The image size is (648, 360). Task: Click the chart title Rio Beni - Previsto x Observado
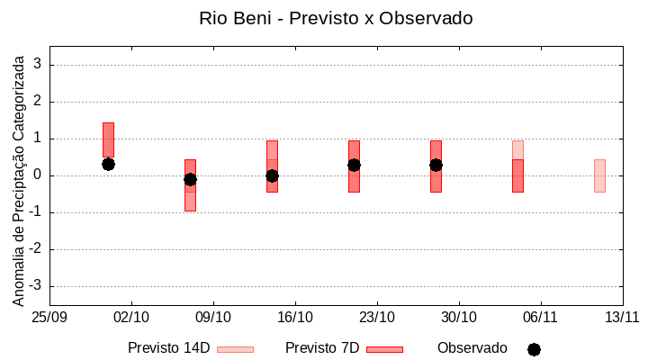336,18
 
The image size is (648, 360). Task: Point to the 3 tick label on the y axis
38,65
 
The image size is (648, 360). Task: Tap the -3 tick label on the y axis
35,286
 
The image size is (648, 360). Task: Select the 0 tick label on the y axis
38,175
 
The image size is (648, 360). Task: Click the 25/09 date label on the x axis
49,317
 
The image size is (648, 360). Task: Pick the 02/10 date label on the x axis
131,317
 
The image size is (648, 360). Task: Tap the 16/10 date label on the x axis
295,317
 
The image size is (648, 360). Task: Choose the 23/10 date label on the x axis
377,317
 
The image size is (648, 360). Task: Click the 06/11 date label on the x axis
541,317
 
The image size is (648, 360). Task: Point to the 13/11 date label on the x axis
622,317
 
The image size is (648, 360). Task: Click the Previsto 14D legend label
168,348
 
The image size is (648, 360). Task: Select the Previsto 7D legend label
322,348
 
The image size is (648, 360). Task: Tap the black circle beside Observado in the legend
534,349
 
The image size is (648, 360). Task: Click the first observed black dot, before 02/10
108,164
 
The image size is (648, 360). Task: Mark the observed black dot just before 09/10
190,179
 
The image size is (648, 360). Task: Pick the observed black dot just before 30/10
436,165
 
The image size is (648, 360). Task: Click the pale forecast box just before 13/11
599,175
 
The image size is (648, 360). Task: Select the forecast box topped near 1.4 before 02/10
108,139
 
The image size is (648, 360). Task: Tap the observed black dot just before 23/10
354,165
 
